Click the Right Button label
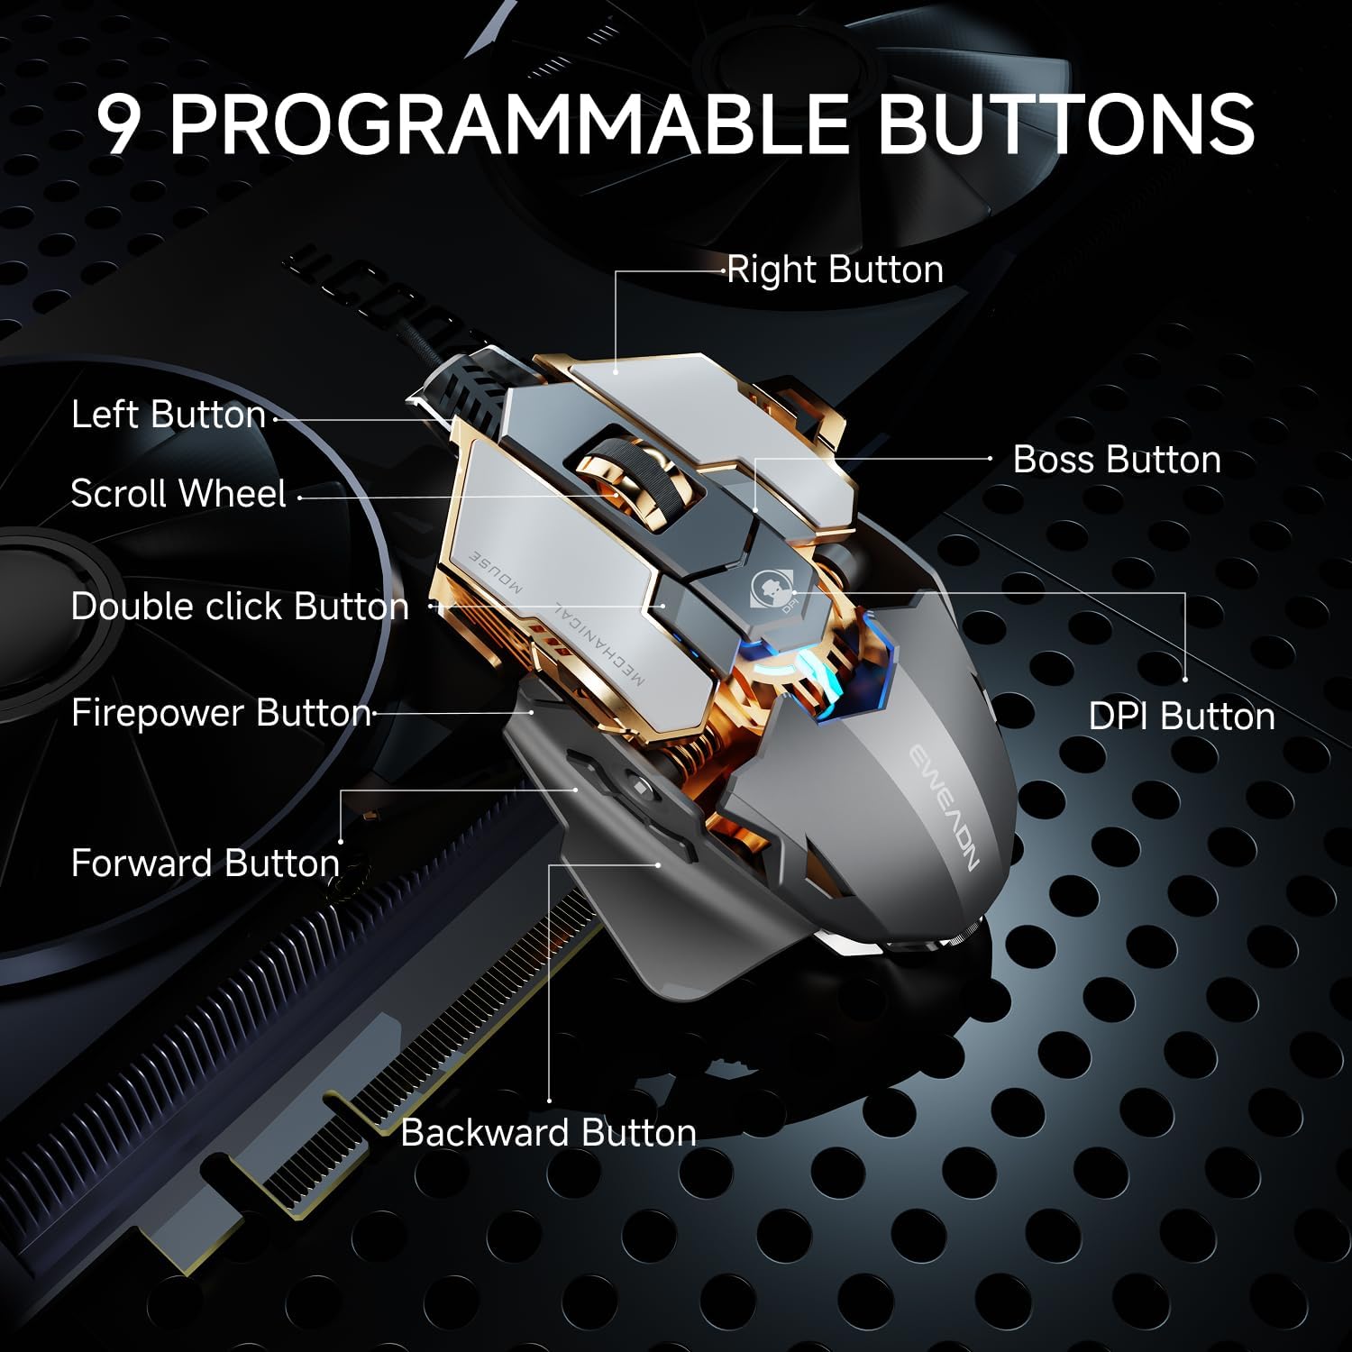835,269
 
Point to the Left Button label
169,415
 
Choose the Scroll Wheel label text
178,493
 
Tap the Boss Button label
1117,460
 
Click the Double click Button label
240,607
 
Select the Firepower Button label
222,713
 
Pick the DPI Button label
1182,717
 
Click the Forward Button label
206,863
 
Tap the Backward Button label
548,1132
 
